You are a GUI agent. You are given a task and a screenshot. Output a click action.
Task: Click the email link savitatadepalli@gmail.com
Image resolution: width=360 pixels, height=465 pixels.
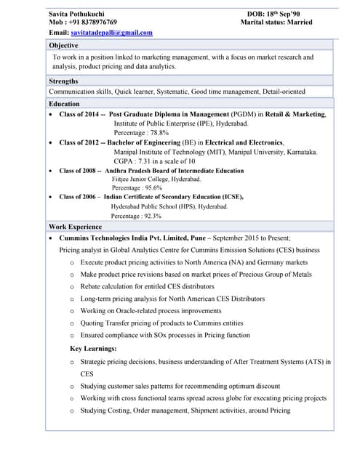(112, 33)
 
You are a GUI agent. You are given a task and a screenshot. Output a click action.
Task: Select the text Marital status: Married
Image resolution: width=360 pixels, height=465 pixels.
(276, 23)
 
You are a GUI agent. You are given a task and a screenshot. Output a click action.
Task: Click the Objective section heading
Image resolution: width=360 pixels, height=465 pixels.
(63, 45)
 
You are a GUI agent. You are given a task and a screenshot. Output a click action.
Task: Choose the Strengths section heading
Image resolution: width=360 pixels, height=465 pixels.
(63, 81)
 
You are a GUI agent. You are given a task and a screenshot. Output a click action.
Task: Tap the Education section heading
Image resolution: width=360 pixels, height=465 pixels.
(64, 104)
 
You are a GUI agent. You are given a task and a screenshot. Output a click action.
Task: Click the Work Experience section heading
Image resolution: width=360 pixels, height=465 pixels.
(75, 227)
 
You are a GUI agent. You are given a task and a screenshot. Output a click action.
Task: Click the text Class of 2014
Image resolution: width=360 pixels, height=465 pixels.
(79, 115)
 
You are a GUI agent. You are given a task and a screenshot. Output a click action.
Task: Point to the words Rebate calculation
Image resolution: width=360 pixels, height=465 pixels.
(108, 286)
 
